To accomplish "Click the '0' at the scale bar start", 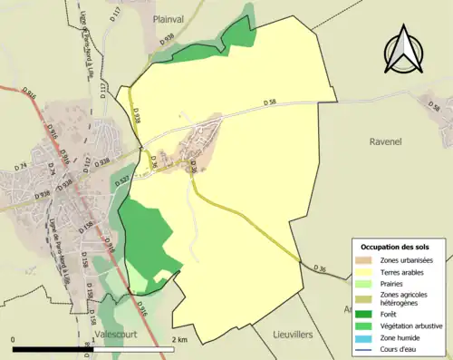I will click(x=14, y=339).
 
